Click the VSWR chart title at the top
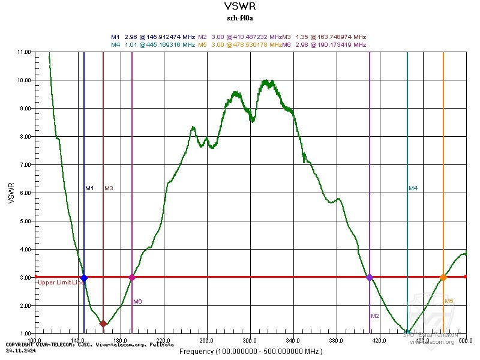(x=239, y=7)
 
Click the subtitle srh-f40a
(x=239, y=18)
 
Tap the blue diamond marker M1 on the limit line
(x=84, y=278)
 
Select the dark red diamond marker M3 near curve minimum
(x=103, y=323)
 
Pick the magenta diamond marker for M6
(x=132, y=277)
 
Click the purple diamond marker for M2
(x=370, y=277)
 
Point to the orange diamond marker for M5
(x=443, y=277)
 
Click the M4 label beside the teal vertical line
(x=413, y=188)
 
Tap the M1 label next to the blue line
(x=89, y=188)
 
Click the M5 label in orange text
(x=449, y=301)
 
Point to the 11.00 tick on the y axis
(x=26, y=52)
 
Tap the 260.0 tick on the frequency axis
(x=207, y=340)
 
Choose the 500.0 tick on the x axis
(x=465, y=340)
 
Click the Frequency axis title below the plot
(x=251, y=351)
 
